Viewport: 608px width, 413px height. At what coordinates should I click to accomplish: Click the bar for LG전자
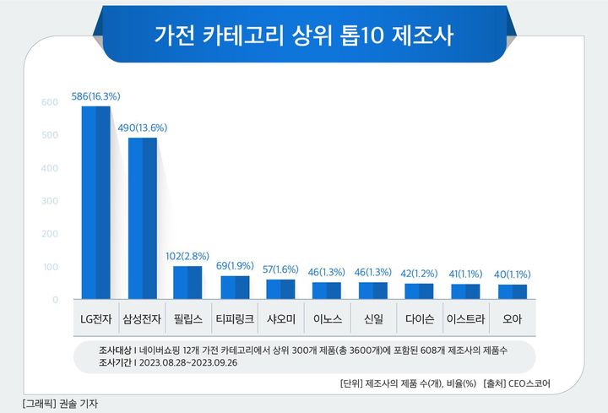[95, 203]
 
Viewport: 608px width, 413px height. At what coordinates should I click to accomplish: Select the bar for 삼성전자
[142, 219]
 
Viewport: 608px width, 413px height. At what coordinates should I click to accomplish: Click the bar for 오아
[513, 292]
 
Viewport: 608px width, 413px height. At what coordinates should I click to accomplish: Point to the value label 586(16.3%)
[95, 97]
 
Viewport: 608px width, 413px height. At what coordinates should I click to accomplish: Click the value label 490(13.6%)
[142, 128]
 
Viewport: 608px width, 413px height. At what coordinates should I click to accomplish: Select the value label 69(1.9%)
[234, 266]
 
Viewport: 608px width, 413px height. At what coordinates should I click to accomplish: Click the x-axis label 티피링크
[234, 320]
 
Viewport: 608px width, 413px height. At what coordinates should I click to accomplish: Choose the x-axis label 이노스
[327, 320]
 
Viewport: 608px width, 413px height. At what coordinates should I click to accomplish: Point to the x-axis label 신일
[373, 320]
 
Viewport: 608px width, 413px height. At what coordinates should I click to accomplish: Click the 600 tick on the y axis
[50, 103]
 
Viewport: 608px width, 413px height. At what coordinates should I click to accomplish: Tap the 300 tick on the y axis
[50, 201]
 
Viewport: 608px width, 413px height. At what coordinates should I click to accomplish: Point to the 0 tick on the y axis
[55, 300]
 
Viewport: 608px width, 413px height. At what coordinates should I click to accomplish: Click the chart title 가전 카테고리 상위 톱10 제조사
[303, 35]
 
